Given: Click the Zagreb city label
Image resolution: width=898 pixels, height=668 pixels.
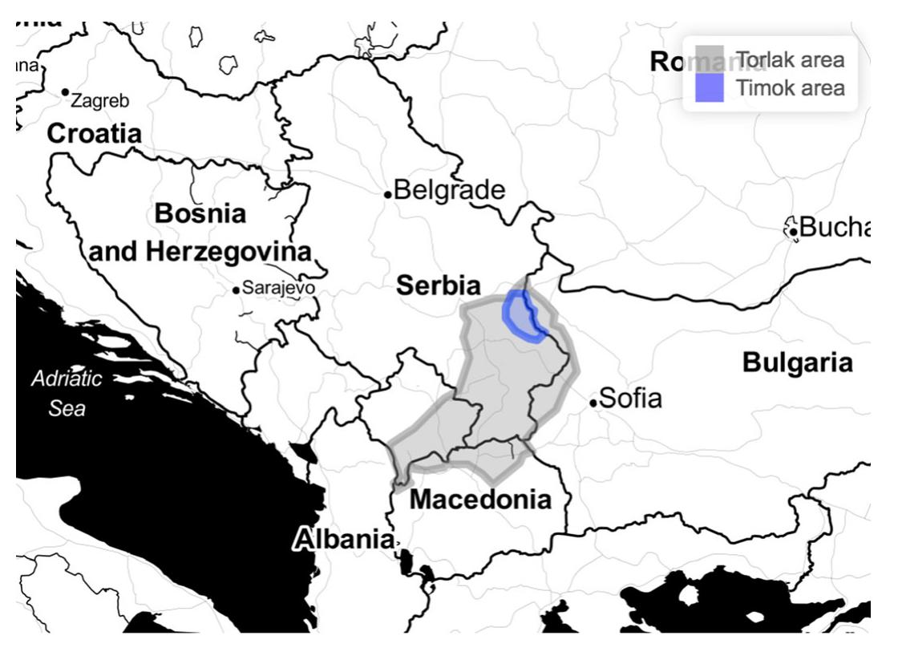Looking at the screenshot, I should [x=100, y=101].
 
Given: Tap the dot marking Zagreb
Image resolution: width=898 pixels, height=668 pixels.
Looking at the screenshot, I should [x=66, y=92].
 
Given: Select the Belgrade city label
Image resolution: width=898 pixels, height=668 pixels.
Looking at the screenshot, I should [x=450, y=190].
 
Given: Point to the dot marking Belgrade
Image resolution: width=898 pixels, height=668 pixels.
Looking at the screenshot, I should [x=388, y=194].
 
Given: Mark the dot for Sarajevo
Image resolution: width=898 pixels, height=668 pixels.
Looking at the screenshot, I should [x=236, y=289].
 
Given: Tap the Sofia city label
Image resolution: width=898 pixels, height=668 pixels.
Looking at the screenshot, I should [x=631, y=398].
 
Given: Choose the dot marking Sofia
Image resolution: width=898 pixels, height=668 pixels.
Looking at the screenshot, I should [x=593, y=403].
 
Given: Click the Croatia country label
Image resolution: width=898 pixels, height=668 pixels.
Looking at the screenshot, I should [x=95, y=134].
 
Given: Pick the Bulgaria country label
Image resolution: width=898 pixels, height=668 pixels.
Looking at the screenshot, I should [x=797, y=362].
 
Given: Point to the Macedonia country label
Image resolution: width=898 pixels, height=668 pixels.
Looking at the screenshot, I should [x=480, y=500].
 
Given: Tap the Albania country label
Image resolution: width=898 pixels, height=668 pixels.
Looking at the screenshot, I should [x=344, y=539].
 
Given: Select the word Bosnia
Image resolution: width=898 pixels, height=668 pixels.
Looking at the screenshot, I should [x=200, y=213].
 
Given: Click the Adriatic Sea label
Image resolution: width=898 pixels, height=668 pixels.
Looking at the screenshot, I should [x=67, y=393].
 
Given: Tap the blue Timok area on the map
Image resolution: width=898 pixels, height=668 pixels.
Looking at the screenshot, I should [x=519, y=315].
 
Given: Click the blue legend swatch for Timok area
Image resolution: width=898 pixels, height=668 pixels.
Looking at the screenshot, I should [x=710, y=87].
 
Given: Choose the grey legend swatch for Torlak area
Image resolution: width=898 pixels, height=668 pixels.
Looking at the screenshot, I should [x=710, y=60].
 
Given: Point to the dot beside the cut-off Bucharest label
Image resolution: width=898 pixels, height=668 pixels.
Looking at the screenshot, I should [x=793, y=232].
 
